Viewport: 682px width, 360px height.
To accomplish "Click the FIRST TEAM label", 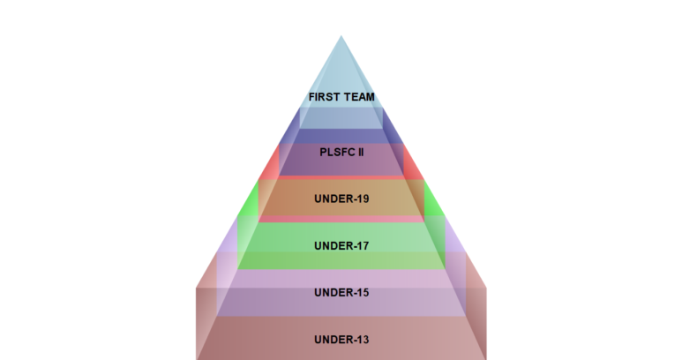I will point(341,97).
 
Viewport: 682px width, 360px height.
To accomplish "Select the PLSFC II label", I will point(341,151).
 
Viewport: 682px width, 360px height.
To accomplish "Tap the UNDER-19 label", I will point(341,199).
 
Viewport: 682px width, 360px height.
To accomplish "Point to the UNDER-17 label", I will point(341,246).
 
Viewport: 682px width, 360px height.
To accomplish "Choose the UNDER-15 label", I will point(341,292).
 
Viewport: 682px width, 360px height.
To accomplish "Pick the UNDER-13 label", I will point(341,340).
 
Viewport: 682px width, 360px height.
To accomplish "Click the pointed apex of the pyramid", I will point(341,37).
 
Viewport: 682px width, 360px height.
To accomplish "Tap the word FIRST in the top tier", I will point(324,97).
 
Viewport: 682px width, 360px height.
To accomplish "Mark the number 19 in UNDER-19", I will point(362,199).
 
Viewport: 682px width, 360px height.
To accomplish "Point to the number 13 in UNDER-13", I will point(362,340).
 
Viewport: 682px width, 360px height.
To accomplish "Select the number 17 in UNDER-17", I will point(362,246).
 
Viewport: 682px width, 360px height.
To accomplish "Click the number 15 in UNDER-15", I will point(362,292).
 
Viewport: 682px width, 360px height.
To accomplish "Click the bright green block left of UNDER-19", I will point(250,204).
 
